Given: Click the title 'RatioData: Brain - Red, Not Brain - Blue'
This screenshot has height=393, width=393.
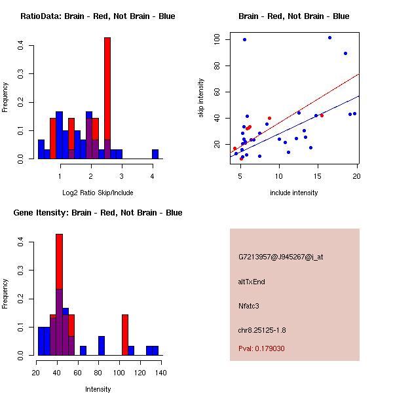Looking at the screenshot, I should pyautogui.click(x=98, y=16).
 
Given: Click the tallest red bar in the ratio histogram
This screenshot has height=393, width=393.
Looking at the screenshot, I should pyautogui.click(x=107, y=98).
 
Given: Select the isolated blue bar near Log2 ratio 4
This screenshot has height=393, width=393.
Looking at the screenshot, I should pyautogui.click(x=155, y=155).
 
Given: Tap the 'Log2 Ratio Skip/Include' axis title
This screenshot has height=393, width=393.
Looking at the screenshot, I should pyautogui.click(x=98, y=193).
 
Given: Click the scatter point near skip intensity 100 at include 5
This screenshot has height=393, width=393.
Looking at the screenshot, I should pyautogui.click(x=244, y=39).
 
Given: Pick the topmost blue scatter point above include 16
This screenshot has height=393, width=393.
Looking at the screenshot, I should pyautogui.click(x=329, y=37).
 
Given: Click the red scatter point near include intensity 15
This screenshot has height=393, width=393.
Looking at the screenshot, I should pyautogui.click(x=322, y=115).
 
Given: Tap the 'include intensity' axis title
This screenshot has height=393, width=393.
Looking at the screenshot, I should pyautogui.click(x=293, y=193).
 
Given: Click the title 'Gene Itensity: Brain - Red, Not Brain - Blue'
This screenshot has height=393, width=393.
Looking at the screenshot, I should pyautogui.click(x=98, y=213).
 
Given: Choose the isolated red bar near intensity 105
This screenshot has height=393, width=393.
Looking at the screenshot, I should pyautogui.click(x=125, y=335).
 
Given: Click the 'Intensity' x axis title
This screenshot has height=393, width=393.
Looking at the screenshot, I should pyautogui.click(x=98, y=389).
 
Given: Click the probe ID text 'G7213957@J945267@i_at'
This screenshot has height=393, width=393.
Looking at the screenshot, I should pyautogui.click(x=281, y=257).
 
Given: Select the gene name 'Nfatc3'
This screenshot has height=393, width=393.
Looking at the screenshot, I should pyautogui.click(x=250, y=305).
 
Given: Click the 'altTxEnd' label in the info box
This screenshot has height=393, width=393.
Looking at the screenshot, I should pyautogui.click(x=252, y=282).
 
